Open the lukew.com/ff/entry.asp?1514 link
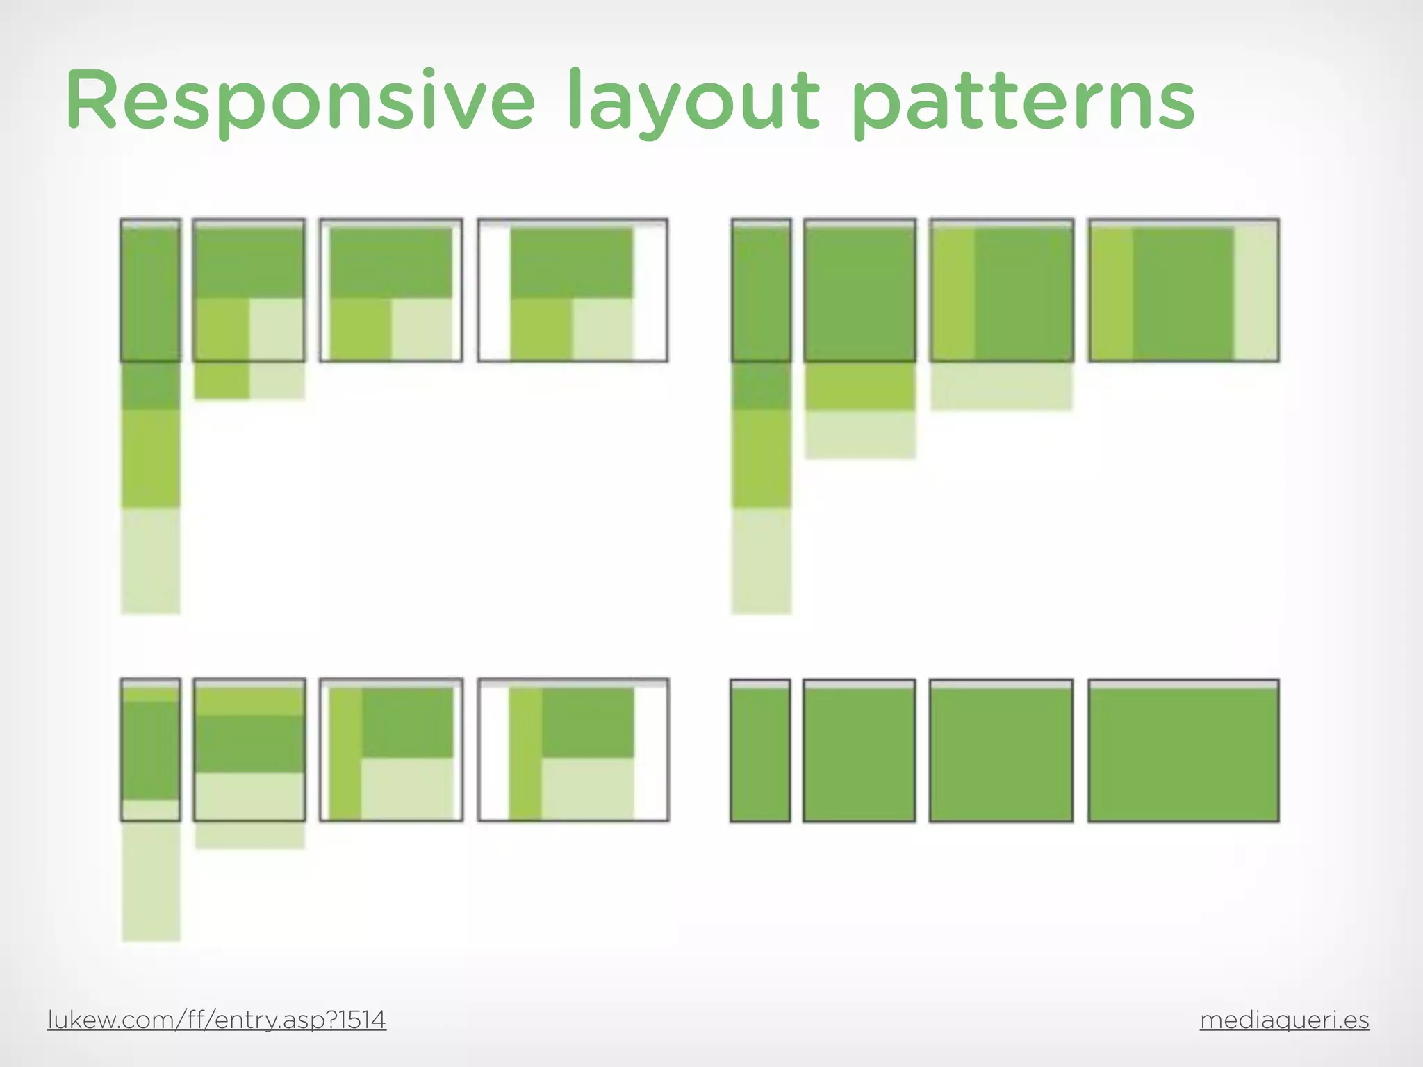(217, 1020)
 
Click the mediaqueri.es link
(1284, 1020)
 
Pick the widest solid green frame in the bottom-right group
(1183, 754)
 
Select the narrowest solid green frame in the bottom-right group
(760, 754)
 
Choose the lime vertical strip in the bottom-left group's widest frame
(525, 754)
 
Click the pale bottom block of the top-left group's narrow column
(151, 561)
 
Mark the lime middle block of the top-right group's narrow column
(761, 458)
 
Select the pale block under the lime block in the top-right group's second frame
(860, 434)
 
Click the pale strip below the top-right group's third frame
(1001, 386)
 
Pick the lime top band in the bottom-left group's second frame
(249, 702)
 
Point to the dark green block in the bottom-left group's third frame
(407, 722)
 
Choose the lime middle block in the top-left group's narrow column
(151, 458)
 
